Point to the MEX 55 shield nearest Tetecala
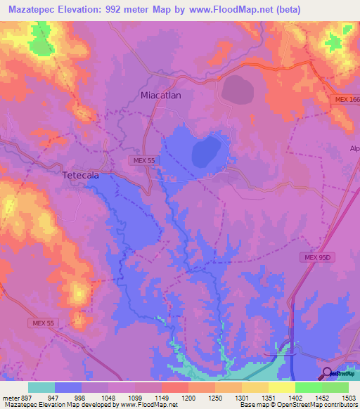coord(141,161)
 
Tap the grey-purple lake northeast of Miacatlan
coord(239,89)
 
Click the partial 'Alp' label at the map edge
coord(354,148)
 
